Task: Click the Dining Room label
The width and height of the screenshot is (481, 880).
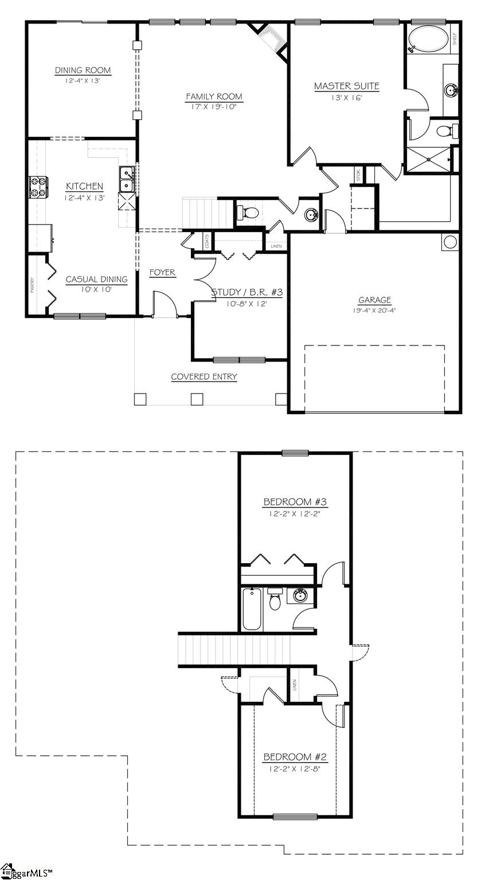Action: coord(83,70)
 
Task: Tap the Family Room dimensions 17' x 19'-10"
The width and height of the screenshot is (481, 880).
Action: coord(214,107)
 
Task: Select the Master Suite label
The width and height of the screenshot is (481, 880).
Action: coord(346,87)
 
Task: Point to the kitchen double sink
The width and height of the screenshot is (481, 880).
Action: coord(127,179)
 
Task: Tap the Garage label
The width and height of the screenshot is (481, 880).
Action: coord(374,300)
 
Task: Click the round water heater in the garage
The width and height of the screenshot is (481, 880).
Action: coord(450,241)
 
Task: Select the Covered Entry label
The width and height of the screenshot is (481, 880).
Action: coord(204,376)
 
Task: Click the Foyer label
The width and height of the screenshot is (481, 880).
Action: coord(162,273)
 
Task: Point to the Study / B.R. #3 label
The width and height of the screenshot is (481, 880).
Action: coord(247,293)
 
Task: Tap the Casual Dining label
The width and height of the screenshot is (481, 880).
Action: coord(96,280)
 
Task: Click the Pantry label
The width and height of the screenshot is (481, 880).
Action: coord(33,285)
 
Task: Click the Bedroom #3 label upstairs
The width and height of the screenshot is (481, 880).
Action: coord(295,502)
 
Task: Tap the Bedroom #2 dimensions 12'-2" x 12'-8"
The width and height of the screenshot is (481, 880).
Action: coord(295,769)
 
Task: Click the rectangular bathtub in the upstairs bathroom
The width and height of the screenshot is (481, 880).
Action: coord(252,609)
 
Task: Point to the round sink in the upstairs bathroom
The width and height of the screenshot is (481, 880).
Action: coord(299,596)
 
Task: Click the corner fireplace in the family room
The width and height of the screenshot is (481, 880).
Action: coord(271,38)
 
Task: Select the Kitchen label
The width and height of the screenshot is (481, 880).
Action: coord(84,186)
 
